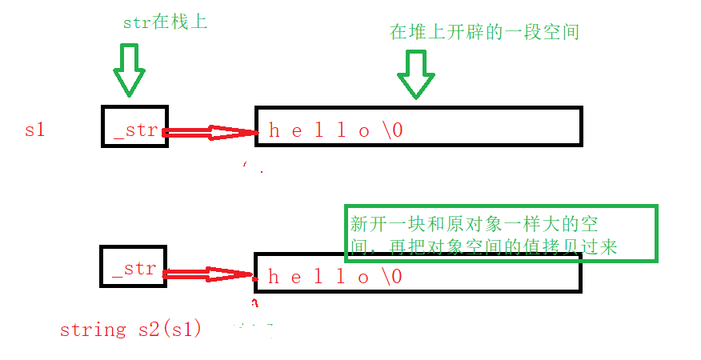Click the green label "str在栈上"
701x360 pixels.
tap(165, 22)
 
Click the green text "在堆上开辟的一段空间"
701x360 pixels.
tap(484, 32)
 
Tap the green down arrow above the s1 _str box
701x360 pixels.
tap(129, 70)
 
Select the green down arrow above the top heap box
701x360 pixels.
tap(415, 74)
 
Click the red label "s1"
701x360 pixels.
tap(34, 130)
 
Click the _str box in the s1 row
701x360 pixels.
tap(134, 126)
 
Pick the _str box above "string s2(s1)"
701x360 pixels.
tap(133, 268)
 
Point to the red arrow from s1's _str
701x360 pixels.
tap(210, 133)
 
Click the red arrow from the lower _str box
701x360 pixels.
tap(210, 274)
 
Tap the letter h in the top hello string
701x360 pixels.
tap(274, 131)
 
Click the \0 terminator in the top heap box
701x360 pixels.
tap(392, 131)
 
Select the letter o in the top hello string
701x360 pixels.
tap(364, 131)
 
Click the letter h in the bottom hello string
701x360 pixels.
tap(274, 277)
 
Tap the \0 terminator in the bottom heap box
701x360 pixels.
tap(391, 277)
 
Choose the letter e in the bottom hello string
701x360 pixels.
tap(297, 277)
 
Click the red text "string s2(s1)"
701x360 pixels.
tap(130, 329)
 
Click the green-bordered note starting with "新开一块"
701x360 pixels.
tap(500, 233)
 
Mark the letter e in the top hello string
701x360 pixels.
tap(297, 131)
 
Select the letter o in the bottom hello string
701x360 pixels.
tap(364, 277)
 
